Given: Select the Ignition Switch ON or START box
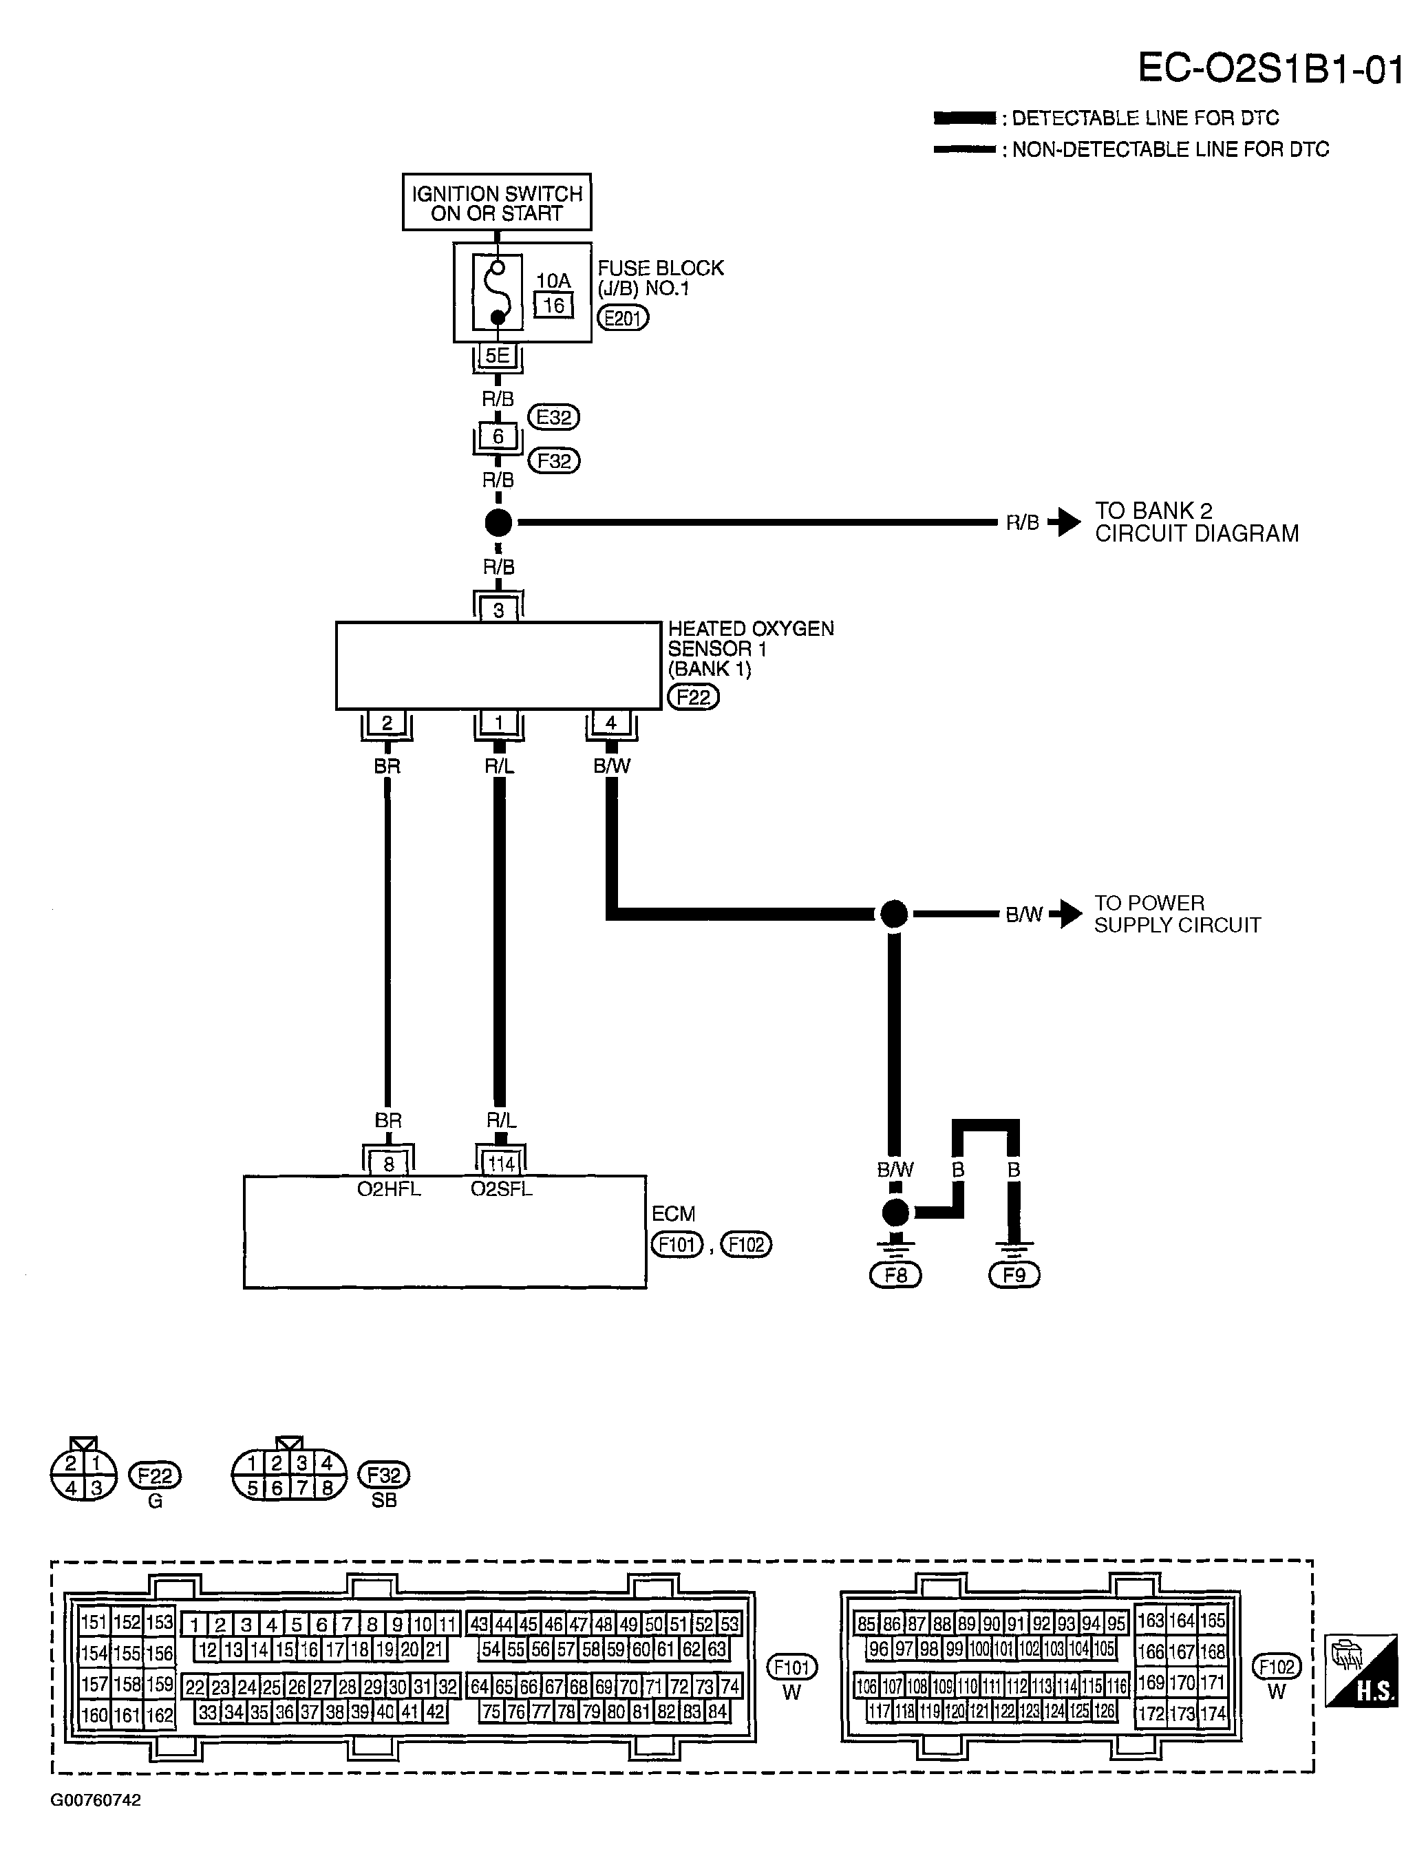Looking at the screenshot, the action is pyautogui.click(x=497, y=202).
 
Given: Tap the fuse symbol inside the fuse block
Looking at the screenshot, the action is pyautogui.click(x=498, y=293).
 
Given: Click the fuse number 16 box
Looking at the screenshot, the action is pyautogui.click(x=553, y=306).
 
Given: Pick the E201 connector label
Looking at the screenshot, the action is pyautogui.click(x=623, y=319).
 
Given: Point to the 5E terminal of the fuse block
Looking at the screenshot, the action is pyautogui.click(x=498, y=356).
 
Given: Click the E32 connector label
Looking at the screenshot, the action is pyautogui.click(x=553, y=417).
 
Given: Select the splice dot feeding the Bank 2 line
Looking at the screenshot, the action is pyautogui.click(x=498, y=523).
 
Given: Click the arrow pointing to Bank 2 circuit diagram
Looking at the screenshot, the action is pyautogui.click(x=1065, y=522).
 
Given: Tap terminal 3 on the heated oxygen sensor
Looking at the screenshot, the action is pyautogui.click(x=498, y=610).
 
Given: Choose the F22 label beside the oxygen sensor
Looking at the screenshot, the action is pyautogui.click(x=692, y=698).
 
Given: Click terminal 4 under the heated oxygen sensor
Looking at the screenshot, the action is pyautogui.click(x=611, y=724).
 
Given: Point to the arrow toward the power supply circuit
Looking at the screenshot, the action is pyautogui.click(x=1066, y=914).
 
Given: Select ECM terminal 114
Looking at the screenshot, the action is pyautogui.click(x=501, y=1164).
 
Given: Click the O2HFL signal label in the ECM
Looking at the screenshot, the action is pyautogui.click(x=389, y=1189).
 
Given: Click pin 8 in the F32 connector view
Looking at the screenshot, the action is pyautogui.click(x=327, y=1488).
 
